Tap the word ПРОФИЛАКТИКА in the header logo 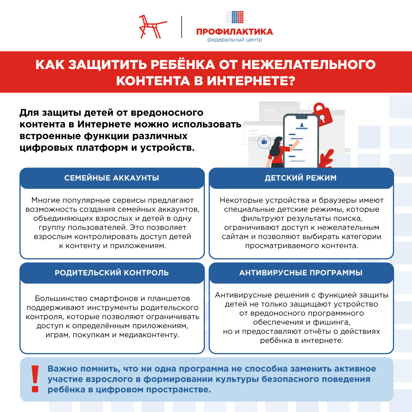coord(235,32)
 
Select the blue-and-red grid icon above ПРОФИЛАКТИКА coord(235,17)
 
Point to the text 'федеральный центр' coord(235,40)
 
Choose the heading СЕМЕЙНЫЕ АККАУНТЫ coord(112,178)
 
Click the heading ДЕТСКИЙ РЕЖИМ coord(301,178)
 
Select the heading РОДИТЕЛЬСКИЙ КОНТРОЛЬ coord(112,273)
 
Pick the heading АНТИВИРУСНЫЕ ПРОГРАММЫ coord(301,273)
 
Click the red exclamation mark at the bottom coord(35,379)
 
